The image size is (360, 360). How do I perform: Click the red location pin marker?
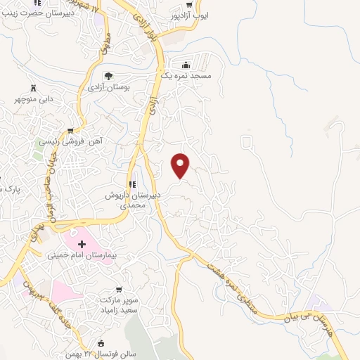(x=181, y=165)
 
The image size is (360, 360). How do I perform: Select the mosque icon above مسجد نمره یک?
(x=186, y=63)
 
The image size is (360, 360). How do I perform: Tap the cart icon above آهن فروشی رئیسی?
(x=70, y=130)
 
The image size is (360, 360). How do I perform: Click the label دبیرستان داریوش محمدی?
(x=134, y=200)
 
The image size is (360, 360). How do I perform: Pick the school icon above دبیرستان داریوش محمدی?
(x=132, y=184)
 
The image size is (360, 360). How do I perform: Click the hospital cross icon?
(x=82, y=243)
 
